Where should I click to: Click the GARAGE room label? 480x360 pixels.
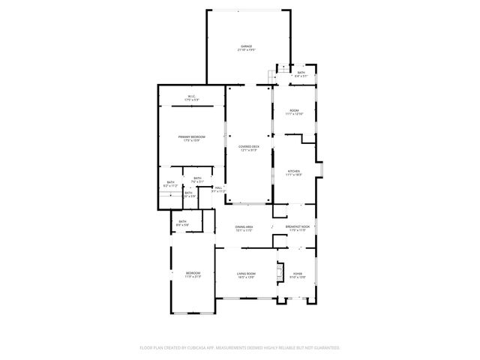pos(246,46)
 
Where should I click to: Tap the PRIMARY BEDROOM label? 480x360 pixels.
pos(192,136)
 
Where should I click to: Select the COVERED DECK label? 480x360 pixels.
pos(250,146)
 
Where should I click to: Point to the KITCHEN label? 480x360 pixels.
pos(294,171)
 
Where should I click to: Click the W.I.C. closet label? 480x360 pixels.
pos(191,96)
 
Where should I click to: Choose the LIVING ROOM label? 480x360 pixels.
pos(247,274)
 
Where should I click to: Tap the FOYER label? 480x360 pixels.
pos(298,274)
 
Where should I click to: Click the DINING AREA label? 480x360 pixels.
pos(244,226)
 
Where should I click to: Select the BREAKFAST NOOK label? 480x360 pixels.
pos(298,226)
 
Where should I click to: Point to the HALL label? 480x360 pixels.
pos(218,188)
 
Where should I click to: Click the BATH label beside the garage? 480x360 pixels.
pos(300,73)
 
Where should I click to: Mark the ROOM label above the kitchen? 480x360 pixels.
pos(294,111)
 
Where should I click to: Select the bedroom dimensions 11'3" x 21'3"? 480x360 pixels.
pos(193,277)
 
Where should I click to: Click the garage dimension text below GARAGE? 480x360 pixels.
pos(246,50)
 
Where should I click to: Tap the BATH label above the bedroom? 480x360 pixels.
pos(182,220)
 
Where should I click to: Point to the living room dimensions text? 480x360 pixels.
pos(247,277)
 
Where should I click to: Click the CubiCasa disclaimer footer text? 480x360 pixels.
pos(240,348)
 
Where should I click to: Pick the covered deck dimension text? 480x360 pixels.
pos(250,150)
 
